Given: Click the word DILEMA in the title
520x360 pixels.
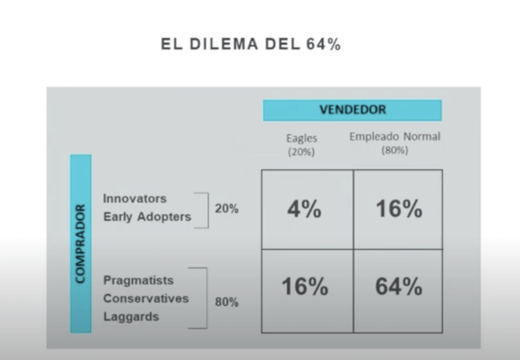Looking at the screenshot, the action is coord(224,44).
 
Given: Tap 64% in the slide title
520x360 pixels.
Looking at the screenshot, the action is coord(323,44).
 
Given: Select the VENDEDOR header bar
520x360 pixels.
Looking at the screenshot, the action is coord(352,110).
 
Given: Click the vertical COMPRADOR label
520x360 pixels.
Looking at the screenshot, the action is coord(81,244).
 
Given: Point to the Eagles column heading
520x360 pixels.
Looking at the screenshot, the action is coord(302,138).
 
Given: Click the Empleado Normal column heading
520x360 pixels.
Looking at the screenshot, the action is coord(395,136).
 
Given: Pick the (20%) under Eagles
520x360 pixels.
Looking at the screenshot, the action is coord(301,152).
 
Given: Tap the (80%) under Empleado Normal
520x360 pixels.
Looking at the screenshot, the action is coord(395,151).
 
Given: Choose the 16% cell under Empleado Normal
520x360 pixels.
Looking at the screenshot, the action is coord(398,209).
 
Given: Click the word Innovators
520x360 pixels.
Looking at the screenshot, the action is coord(135,199).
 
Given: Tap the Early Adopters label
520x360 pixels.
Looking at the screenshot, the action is coord(147,217).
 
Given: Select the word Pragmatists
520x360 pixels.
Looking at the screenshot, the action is coord(138,281).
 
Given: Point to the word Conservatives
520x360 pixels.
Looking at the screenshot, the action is coord(146,298).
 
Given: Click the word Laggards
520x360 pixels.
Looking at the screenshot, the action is coord(132,317).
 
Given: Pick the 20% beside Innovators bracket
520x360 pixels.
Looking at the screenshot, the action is coord(227,209).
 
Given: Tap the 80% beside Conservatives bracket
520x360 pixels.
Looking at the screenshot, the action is coord(227,302).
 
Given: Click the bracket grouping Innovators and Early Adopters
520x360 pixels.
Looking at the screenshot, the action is coord(208,210).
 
